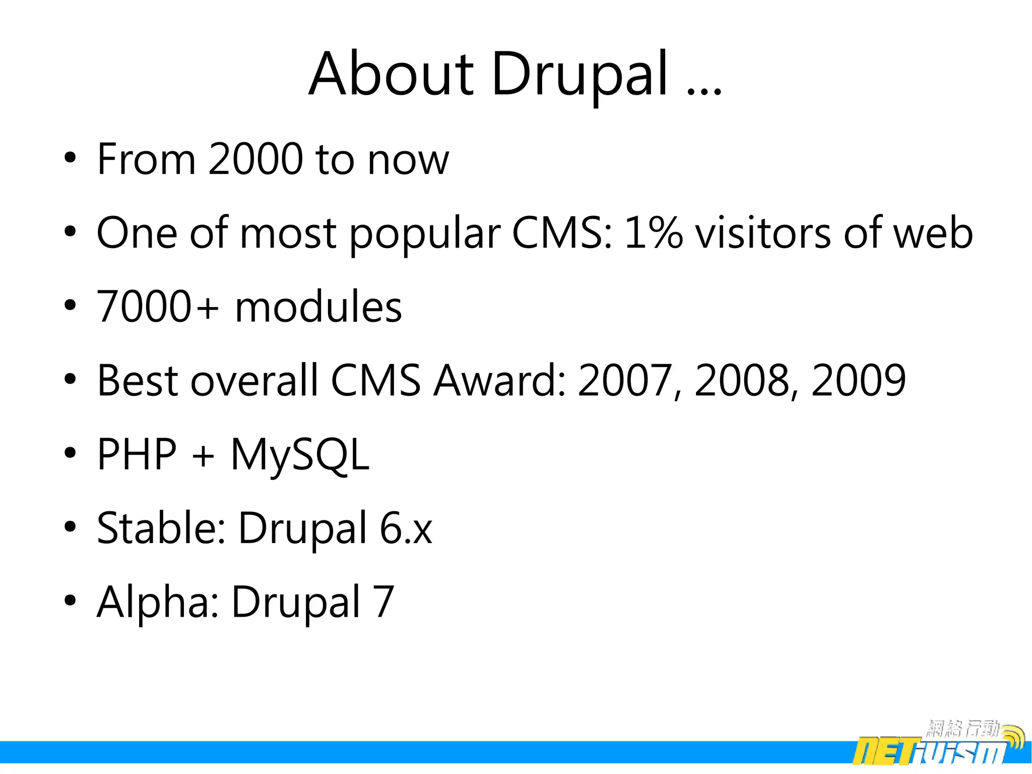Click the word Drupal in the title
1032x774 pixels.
pyautogui.click(x=579, y=75)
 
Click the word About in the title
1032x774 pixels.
pyautogui.click(x=391, y=75)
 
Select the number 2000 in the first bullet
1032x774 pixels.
pyautogui.click(x=255, y=159)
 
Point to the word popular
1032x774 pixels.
pyautogui.click(x=425, y=234)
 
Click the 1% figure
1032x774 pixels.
pyautogui.click(x=653, y=233)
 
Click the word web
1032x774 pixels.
pyautogui.click(x=933, y=233)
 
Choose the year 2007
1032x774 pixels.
pyautogui.click(x=625, y=380)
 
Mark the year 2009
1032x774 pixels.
pyautogui.click(x=858, y=380)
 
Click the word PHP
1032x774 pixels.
pyautogui.click(x=137, y=454)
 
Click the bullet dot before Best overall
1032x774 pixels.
pyautogui.click(x=70, y=379)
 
